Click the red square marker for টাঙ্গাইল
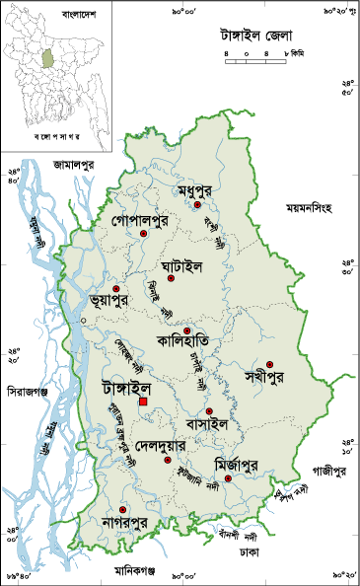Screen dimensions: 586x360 143,402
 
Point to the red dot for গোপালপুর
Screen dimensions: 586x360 144,233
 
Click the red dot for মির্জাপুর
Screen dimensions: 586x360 228,478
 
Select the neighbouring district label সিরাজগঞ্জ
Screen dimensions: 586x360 25,391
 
